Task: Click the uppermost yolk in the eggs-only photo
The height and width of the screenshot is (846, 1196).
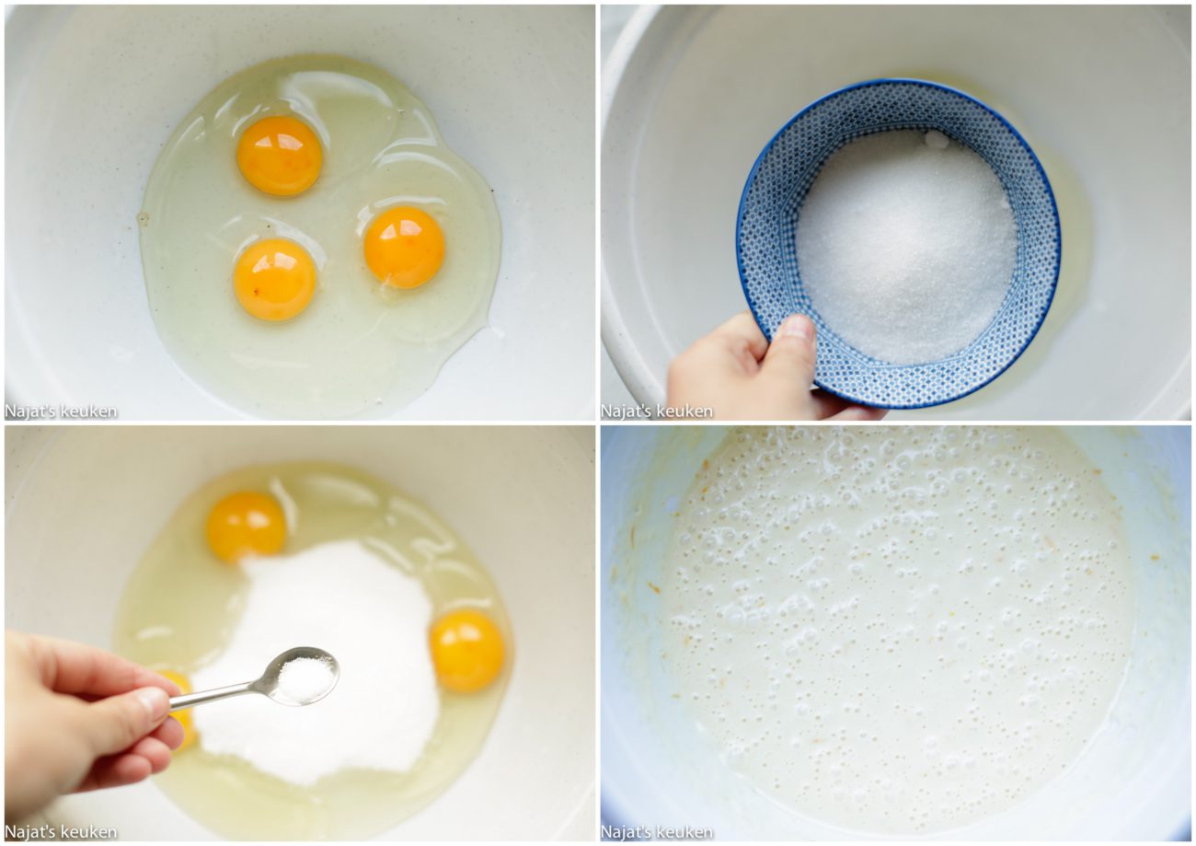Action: [280, 156]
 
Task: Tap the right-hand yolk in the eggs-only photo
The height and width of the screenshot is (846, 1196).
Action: [404, 248]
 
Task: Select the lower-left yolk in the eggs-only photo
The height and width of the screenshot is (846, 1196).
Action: [275, 279]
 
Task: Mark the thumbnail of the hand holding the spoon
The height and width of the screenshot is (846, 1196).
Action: [151, 703]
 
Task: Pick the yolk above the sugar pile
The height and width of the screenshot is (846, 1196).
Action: [246, 527]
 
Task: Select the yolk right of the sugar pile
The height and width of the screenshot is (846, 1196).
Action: [467, 651]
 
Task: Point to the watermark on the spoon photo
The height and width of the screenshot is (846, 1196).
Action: [61, 831]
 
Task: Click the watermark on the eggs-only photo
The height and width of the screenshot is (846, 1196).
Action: [61, 411]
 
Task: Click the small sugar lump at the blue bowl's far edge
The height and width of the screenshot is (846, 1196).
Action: [937, 140]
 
